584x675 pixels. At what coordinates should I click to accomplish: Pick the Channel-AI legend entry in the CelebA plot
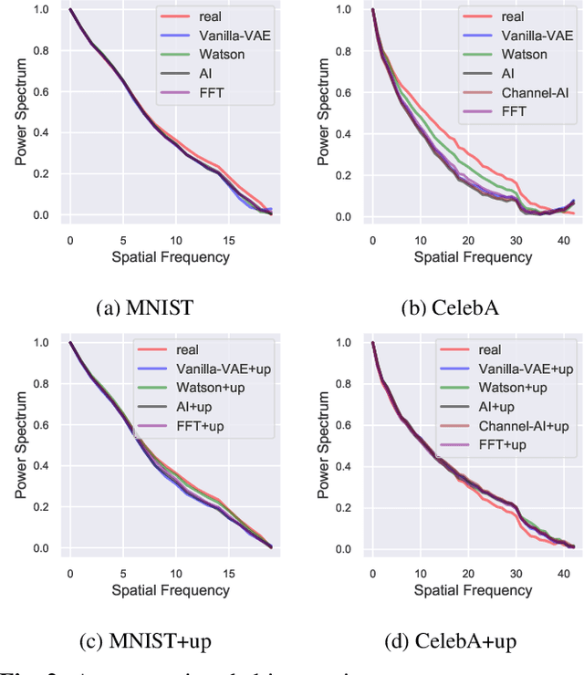pyautogui.click(x=529, y=93)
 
